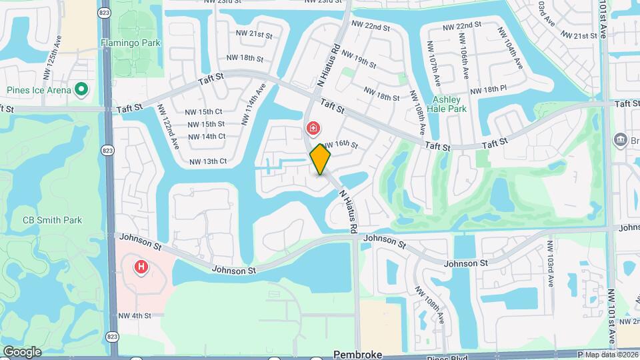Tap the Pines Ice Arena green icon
click(x=81, y=89)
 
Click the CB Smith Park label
click(x=52, y=219)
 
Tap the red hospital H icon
click(x=141, y=268)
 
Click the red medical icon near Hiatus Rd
click(x=312, y=127)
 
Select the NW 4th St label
click(x=135, y=315)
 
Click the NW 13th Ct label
click(x=208, y=161)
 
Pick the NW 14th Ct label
click(x=207, y=136)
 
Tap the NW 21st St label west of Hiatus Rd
click(x=245, y=34)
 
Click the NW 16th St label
click(x=341, y=145)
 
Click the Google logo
click(x=22, y=351)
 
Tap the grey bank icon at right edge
click(x=621, y=140)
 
